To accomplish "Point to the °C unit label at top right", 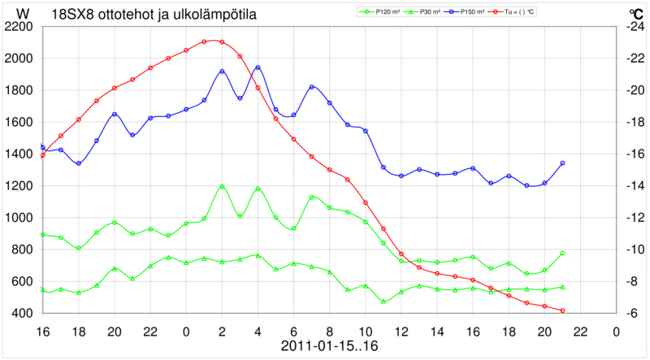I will click(635, 14).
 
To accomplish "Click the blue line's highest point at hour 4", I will click(258, 67).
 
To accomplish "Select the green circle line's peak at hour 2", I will click(222, 186).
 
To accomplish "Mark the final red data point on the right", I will click(562, 310).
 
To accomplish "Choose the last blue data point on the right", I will click(562, 163).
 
